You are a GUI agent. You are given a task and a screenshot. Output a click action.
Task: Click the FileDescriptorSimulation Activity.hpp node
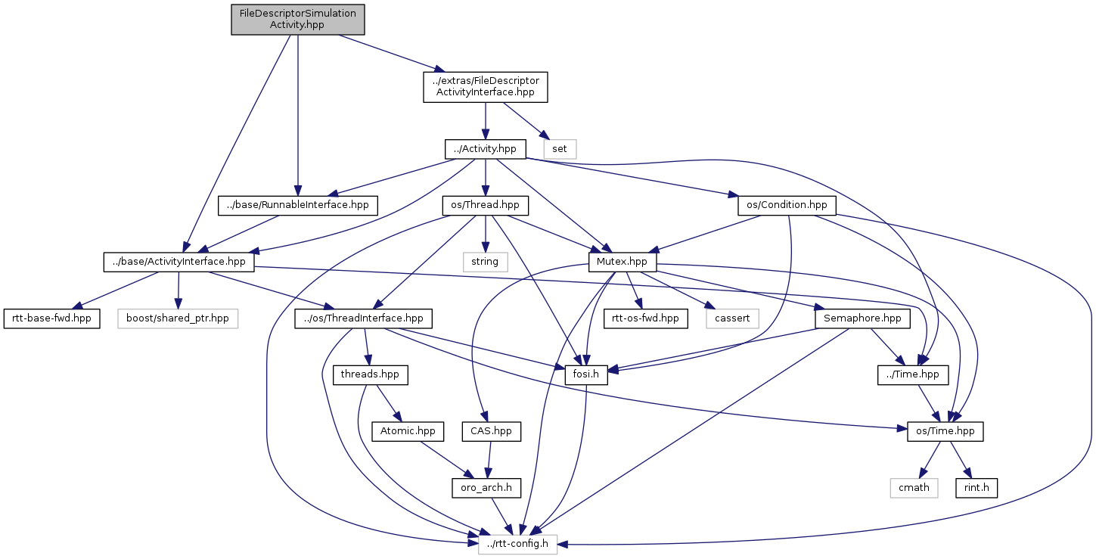point(298,19)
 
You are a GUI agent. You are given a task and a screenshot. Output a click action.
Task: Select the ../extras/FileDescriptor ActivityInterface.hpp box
point(485,87)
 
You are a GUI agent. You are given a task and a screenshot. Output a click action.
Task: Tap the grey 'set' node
point(559,149)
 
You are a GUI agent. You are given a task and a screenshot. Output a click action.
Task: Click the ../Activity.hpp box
point(485,149)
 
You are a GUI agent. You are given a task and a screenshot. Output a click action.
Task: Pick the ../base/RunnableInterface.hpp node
point(297,205)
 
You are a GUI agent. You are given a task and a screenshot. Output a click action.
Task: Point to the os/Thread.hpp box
point(485,205)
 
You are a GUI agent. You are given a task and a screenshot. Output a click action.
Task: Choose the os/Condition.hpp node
point(787,205)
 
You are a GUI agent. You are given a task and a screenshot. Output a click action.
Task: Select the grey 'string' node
point(485,262)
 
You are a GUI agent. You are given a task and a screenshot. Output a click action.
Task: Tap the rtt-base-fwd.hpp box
point(51,318)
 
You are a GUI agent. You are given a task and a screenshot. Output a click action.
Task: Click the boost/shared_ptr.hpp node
point(178,318)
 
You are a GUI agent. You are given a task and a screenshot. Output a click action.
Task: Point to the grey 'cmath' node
point(914,488)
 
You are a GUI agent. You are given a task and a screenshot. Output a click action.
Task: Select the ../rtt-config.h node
point(517,544)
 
